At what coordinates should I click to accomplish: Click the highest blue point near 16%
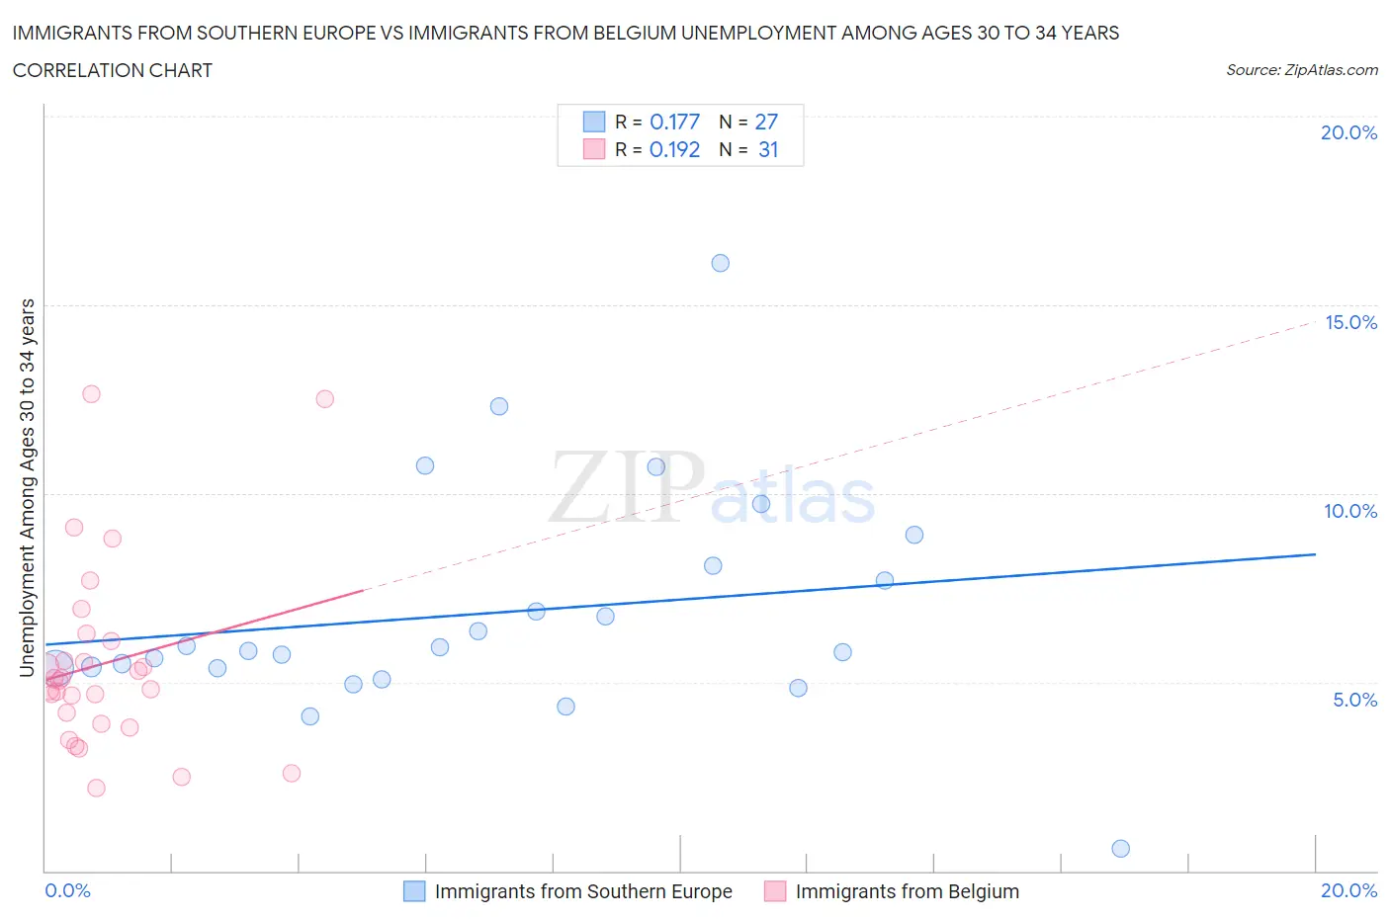coord(720,263)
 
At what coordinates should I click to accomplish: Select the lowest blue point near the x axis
coord(1120,848)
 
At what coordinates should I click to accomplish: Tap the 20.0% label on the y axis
coord(1348,132)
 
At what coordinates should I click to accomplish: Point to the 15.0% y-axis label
coord(1350,322)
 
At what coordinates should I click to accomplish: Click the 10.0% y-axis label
coord(1350,511)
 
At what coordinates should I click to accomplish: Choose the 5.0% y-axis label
coord(1354,700)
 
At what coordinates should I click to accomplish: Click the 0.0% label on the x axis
coord(67,890)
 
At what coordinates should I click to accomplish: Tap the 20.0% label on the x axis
coord(1348,890)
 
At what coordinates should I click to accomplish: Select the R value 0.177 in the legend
coord(674,122)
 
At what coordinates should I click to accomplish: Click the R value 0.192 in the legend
coord(674,149)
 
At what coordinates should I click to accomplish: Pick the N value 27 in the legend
coord(766,122)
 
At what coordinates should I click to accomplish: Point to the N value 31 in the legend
coord(768,149)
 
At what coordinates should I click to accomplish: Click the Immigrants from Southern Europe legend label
coord(583,891)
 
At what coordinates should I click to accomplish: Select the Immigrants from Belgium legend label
coord(907,891)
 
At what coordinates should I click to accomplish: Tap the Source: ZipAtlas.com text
coord(1301,70)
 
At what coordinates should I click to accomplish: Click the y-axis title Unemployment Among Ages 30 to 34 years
coord(28,488)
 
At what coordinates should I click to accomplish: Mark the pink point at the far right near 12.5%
coord(324,399)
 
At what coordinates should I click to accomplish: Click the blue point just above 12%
coord(499,406)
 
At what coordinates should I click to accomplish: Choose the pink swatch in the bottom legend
coord(775,891)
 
